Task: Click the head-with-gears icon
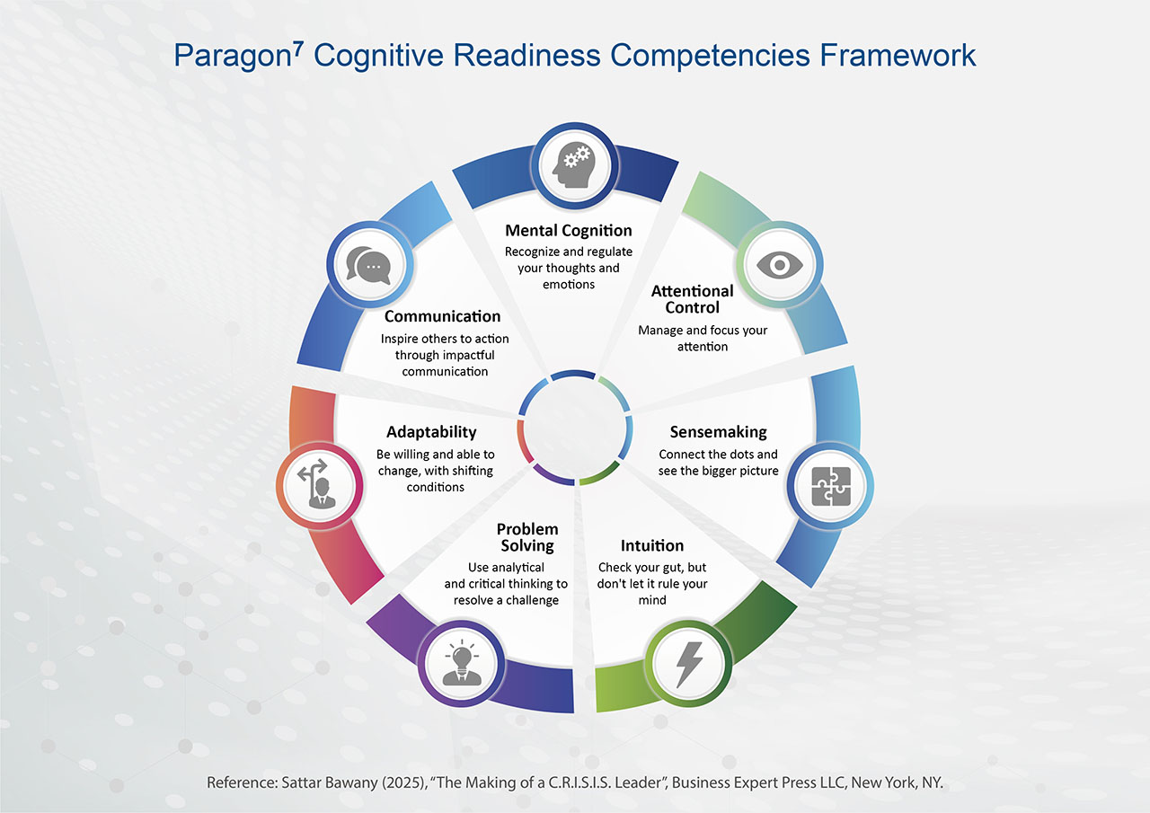[574, 164]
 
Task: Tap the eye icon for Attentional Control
[779, 265]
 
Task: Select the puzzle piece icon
[831, 486]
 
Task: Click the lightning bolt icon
[688, 664]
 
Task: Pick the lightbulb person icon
[462, 663]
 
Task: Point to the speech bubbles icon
[368, 265]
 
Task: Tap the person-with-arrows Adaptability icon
[318, 483]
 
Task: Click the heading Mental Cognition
[569, 231]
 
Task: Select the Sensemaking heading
[718, 431]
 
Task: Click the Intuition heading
[652, 545]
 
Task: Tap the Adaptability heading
[431, 432]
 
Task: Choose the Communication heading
[443, 316]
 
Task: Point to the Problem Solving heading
[527, 537]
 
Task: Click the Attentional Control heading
[692, 299]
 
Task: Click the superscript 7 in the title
[298, 49]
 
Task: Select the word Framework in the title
[898, 55]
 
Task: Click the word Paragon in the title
[233, 57]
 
